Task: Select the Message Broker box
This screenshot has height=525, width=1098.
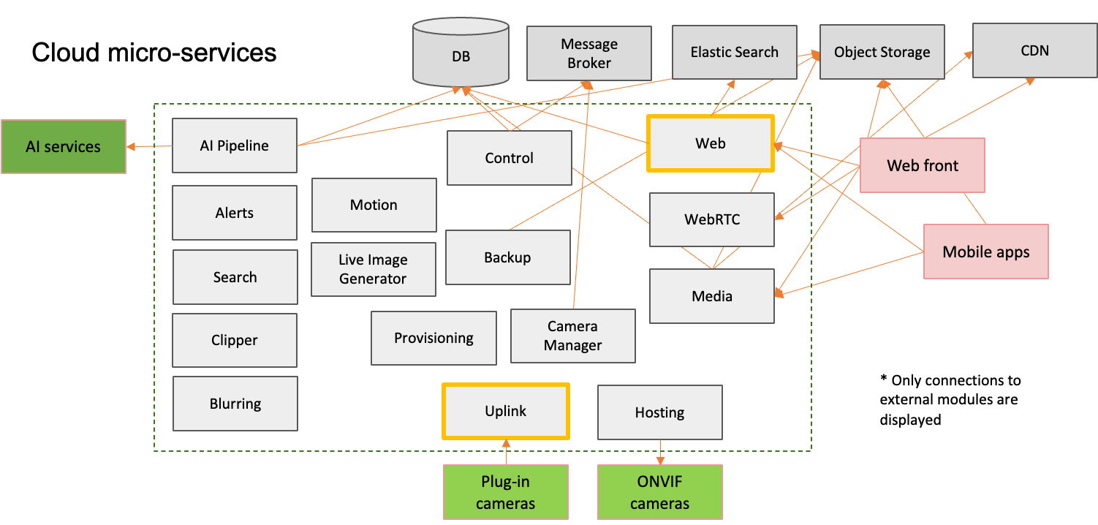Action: tap(589, 53)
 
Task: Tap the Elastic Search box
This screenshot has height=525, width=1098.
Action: tap(734, 52)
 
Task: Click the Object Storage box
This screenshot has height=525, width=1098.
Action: tap(882, 52)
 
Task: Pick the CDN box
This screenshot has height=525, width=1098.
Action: tap(1034, 50)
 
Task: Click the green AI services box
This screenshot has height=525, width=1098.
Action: tap(63, 146)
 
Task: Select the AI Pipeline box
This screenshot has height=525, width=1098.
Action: tap(234, 146)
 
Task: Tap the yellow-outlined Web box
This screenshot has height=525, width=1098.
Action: tap(710, 143)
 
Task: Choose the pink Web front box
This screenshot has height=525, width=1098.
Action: tap(922, 165)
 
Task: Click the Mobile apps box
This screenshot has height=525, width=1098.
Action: tap(985, 252)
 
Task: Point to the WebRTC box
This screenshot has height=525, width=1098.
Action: tap(711, 219)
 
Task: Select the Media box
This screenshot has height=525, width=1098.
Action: tap(711, 296)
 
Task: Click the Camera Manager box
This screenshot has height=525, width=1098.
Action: tap(572, 336)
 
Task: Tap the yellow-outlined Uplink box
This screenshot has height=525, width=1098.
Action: tap(505, 411)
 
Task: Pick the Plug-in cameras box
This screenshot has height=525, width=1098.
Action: tap(505, 492)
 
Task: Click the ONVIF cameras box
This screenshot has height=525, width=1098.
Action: tap(659, 492)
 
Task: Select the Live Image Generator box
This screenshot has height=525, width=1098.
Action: tap(373, 269)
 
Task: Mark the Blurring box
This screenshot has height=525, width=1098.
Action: tap(235, 404)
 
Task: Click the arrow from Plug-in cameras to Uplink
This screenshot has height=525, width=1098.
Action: tap(505, 452)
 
